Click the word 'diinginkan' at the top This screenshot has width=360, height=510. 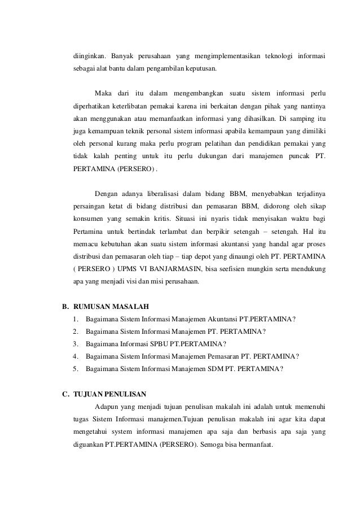pyautogui.click(x=88, y=56)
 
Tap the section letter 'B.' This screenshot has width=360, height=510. pyautogui.click(x=65, y=307)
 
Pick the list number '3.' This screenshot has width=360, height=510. pyautogui.click(x=76, y=344)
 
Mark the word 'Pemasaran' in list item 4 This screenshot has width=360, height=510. pyautogui.click(x=222, y=356)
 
